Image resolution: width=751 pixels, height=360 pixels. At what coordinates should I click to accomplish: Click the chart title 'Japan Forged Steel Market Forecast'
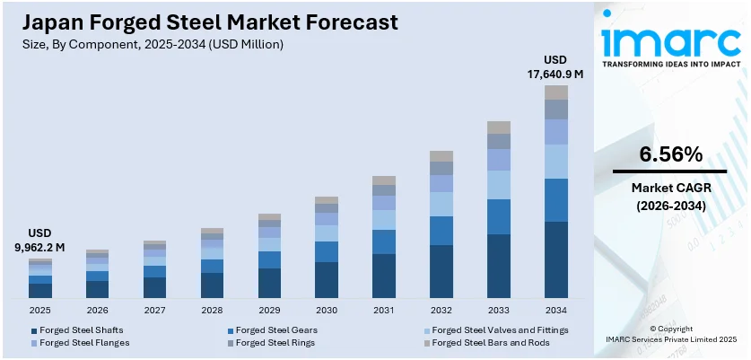click(207, 21)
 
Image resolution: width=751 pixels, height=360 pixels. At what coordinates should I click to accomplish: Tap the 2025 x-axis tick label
click(39, 310)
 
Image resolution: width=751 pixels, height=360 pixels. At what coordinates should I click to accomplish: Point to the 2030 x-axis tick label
click(327, 310)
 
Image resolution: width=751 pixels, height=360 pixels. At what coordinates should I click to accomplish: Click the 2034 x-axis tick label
click(556, 310)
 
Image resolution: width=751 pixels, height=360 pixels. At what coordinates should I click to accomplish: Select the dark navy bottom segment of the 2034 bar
click(556, 259)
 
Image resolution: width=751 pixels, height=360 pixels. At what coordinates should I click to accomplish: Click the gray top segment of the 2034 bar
click(556, 92)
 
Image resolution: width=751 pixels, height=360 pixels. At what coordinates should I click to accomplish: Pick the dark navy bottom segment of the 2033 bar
click(499, 266)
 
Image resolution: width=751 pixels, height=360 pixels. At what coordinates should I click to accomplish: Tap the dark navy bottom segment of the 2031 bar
click(384, 276)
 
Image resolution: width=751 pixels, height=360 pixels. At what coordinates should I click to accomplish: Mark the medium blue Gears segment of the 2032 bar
click(441, 231)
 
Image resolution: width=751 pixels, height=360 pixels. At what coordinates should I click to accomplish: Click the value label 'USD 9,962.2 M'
click(39, 239)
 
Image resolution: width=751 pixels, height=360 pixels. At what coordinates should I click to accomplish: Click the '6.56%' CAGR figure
click(670, 154)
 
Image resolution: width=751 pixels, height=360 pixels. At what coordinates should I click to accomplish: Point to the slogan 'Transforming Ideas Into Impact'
click(671, 66)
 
